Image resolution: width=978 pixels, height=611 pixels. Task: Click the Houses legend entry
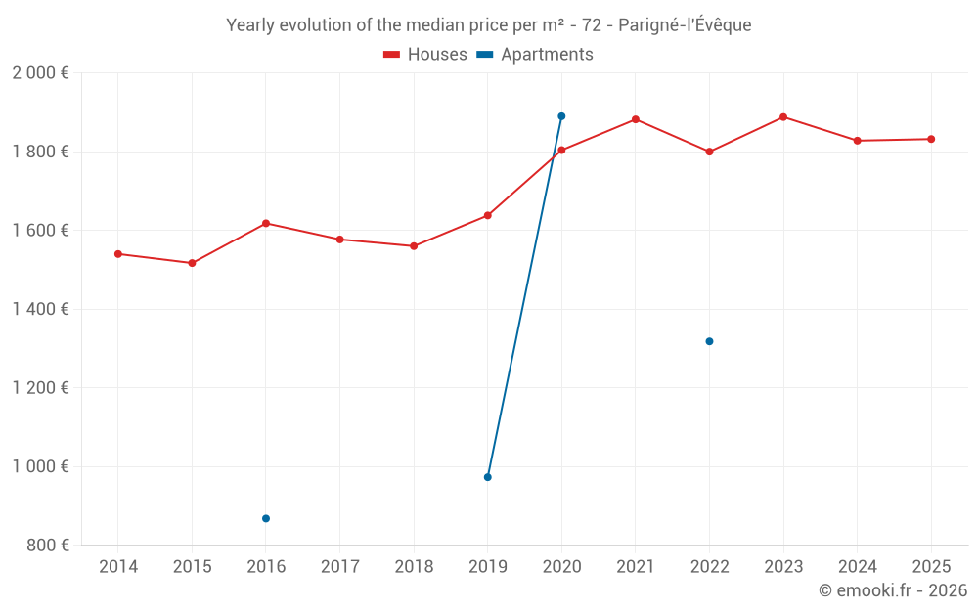(x=425, y=55)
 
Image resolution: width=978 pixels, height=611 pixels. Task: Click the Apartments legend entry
(x=535, y=55)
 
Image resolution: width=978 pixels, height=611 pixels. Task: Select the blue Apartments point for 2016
(x=266, y=518)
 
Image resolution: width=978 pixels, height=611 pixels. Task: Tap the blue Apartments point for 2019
(x=488, y=477)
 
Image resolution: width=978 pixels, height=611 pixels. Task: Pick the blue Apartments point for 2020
(x=561, y=116)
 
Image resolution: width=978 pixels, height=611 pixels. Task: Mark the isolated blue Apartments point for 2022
(x=709, y=341)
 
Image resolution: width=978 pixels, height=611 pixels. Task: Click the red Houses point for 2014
(x=118, y=254)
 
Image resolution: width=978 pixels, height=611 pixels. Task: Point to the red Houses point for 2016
(x=266, y=224)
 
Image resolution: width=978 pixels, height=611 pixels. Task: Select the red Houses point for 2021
(x=636, y=119)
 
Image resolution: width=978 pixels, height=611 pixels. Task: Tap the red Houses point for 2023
(x=783, y=117)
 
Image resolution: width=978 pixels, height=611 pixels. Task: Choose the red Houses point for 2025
(x=931, y=139)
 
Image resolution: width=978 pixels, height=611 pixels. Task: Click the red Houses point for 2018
(x=414, y=246)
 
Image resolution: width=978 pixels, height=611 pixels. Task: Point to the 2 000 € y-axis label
(x=40, y=73)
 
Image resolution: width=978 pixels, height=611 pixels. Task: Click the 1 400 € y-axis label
(x=40, y=309)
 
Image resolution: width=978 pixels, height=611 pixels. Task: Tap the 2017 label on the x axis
(x=339, y=567)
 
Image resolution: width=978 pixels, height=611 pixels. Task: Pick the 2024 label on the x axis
(x=857, y=567)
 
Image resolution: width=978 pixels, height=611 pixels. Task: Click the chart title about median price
(x=489, y=25)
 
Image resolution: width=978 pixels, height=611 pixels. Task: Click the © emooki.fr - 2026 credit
(x=892, y=590)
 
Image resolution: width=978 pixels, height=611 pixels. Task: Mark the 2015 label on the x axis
(x=192, y=567)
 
